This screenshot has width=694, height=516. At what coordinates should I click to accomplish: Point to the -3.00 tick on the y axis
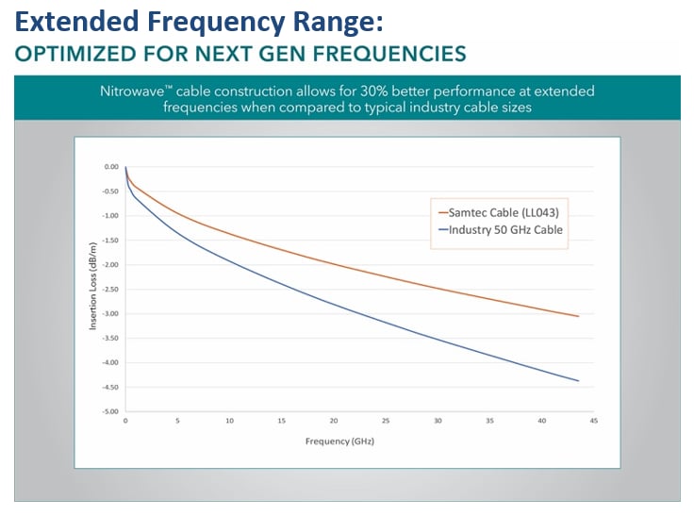click(110, 314)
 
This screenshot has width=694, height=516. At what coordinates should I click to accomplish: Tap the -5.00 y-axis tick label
click(110, 412)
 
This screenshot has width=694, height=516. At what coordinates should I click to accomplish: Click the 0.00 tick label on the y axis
click(111, 167)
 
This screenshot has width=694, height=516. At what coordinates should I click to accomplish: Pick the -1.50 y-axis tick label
click(110, 241)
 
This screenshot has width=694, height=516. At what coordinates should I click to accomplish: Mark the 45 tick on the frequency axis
click(592, 422)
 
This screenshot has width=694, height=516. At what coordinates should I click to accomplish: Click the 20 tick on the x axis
click(333, 422)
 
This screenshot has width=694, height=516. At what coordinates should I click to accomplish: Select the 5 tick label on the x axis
click(177, 422)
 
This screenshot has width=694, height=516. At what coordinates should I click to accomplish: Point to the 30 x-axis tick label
click(437, 422)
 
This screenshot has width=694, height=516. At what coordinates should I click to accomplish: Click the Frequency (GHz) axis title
click(345, 441)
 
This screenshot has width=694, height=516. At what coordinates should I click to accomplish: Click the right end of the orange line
click(578, 316)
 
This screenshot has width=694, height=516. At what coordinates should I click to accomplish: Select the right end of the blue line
click(578, 381)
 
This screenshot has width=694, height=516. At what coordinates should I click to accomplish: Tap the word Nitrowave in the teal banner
click(138, 92)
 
